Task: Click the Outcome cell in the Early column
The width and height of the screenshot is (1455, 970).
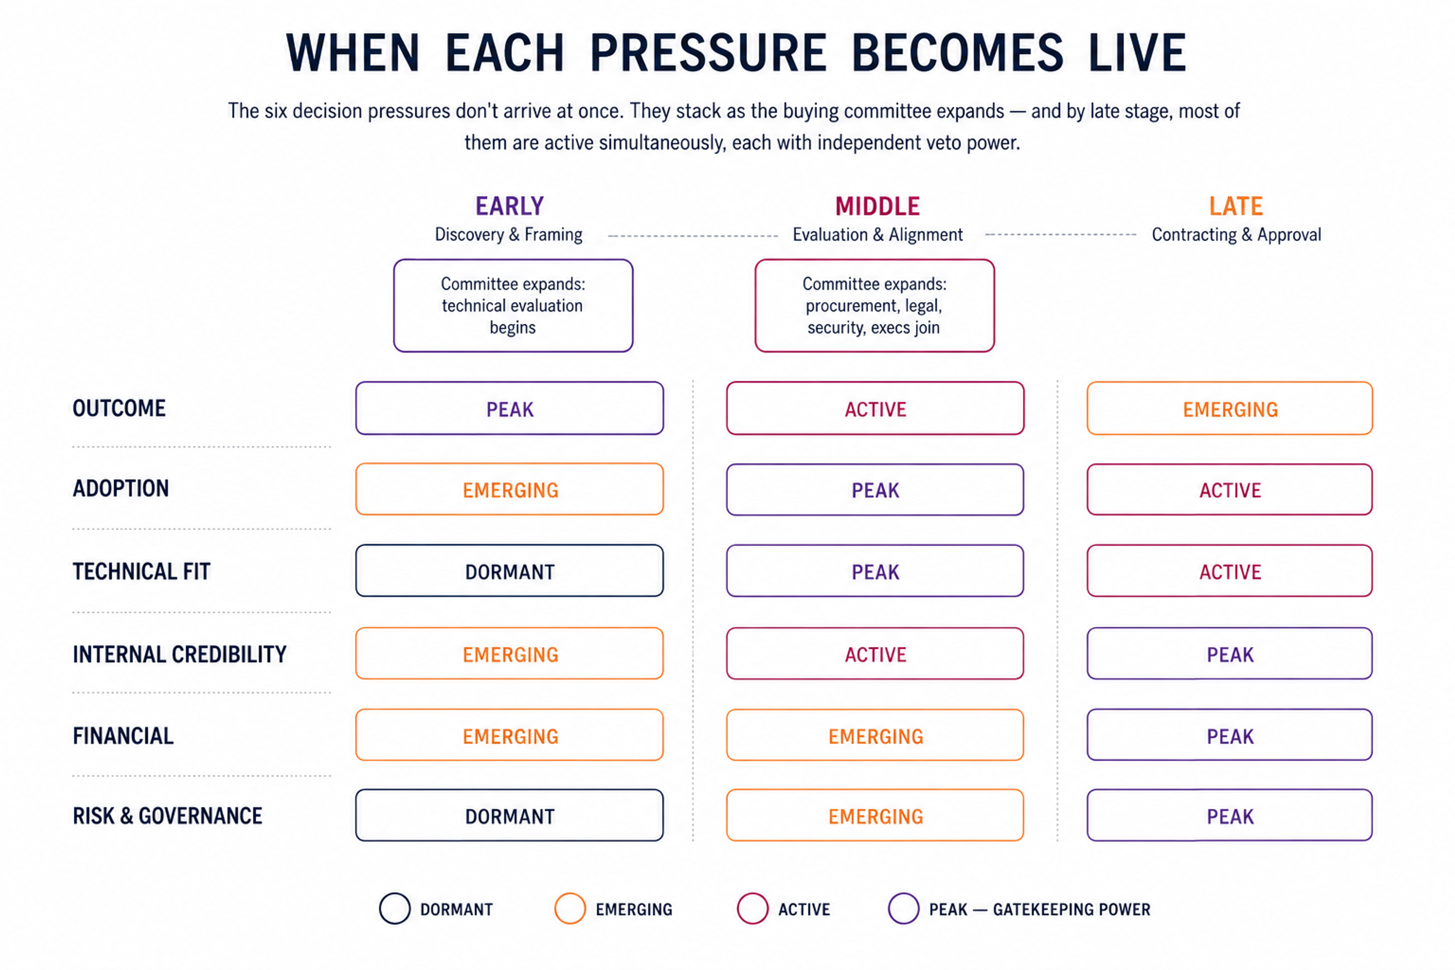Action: (510, 408)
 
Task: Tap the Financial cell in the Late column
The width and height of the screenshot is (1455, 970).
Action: (1230, 735)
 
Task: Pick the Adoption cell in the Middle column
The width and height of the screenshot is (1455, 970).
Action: (875, 490)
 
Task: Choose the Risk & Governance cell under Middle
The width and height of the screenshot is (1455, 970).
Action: (875, 815)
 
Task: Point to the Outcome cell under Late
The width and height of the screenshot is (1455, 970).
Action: (1230, 408)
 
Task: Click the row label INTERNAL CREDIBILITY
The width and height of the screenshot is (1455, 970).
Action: (179, 654)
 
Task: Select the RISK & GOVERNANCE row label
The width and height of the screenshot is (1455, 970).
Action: (167, 816)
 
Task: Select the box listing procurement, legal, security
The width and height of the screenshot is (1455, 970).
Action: (875, 306)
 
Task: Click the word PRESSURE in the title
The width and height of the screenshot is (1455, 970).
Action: (708, 53)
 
